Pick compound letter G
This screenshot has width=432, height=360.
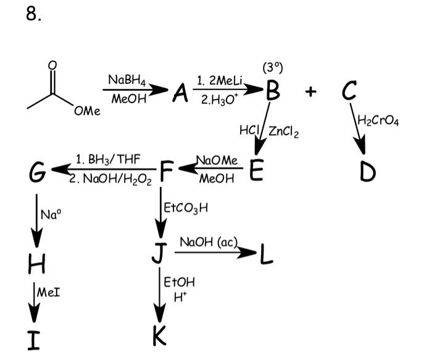pyautogui.click(x=36, y=171)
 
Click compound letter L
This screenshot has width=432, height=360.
pyautogui.click(x=267, y=253)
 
